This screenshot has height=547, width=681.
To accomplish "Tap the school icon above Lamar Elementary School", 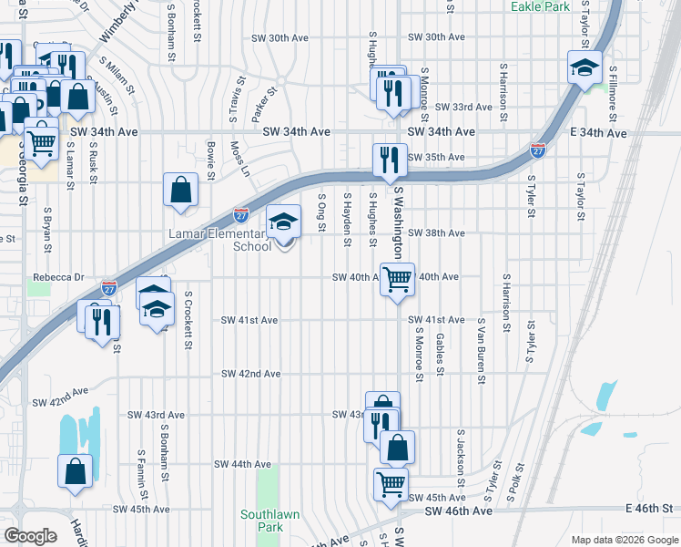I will pos(283,222).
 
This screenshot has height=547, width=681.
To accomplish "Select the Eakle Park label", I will pos(541,6).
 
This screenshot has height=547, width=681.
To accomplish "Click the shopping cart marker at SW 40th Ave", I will pos(397,280).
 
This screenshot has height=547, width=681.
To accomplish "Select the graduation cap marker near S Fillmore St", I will pos(584,67).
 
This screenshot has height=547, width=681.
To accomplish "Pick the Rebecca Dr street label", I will pos(58,277).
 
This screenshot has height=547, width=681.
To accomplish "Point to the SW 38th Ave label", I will pos(436,233).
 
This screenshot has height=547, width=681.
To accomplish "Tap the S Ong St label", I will pos(321,212).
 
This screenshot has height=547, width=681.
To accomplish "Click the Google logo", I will pos(30,535).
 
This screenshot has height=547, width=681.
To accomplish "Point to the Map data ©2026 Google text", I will pos(624,540).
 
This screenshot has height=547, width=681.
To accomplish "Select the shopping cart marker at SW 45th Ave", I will pos(391,484).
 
